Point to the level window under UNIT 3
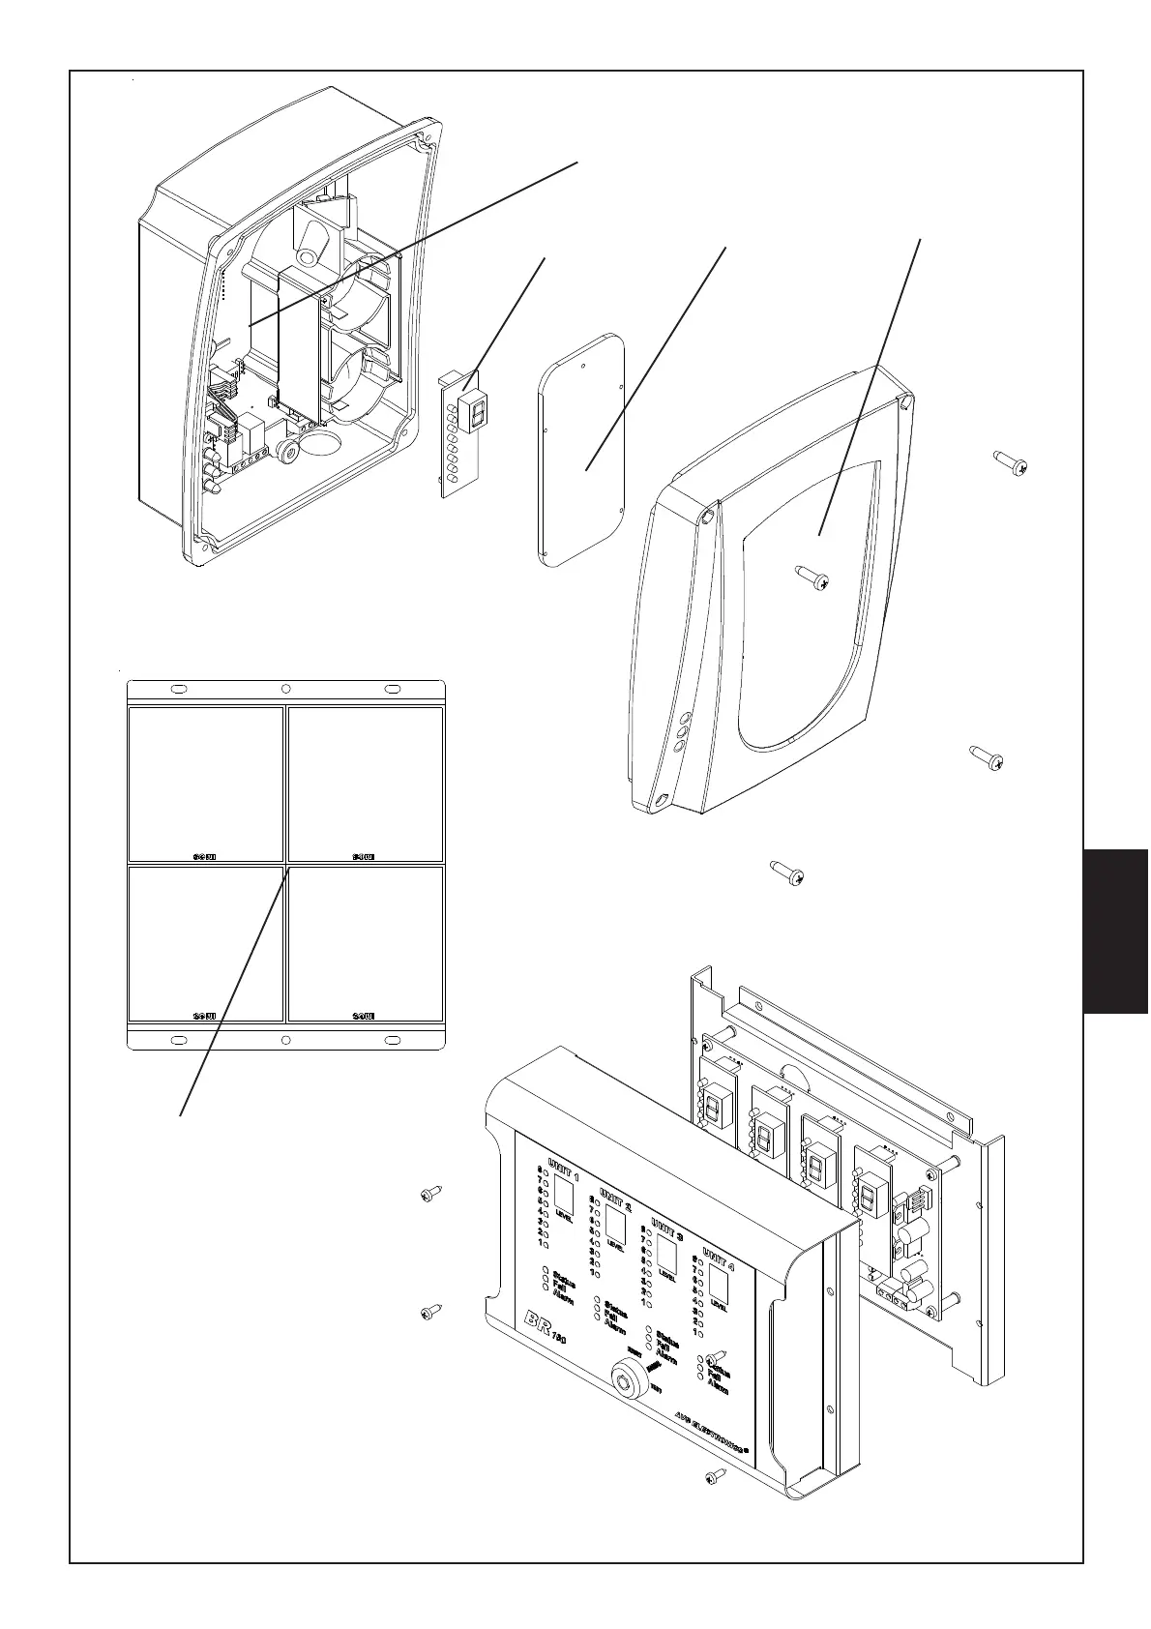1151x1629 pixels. click(665, 1258)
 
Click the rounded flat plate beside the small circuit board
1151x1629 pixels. click(581, 451)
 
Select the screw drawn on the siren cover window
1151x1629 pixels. click(812, 579)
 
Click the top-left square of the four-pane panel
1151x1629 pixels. click(206, 784)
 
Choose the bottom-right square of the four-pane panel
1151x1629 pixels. click(366, 943)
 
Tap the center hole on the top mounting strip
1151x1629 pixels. click(285, 690)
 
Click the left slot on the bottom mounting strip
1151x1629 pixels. click(179, 1040)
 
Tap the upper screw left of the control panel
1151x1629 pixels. click(430, 1195)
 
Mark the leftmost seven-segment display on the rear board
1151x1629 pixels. click(717, 1105)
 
